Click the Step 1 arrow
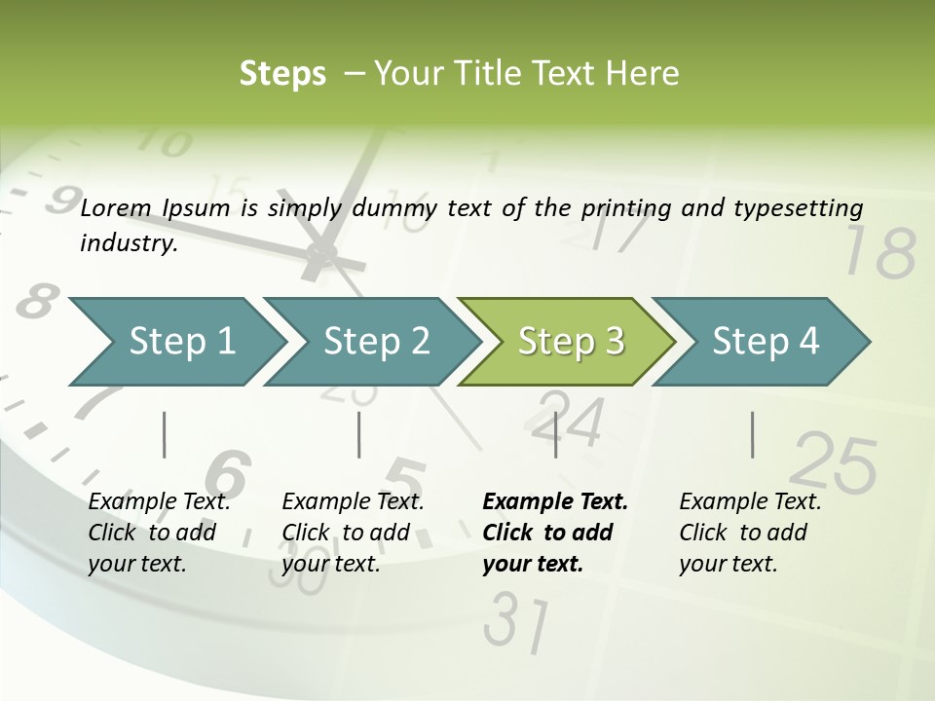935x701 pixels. click(175, 342)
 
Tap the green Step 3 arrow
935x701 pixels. click(568, 342)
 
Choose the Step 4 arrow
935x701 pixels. click(763, 342)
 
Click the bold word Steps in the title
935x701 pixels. click(282, 74)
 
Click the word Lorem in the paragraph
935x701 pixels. click(116, 207)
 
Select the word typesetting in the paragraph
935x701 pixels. click(804, 208)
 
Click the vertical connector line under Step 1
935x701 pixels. click(165, 434)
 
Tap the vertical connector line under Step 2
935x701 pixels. click(359, 434)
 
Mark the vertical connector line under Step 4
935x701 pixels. click(752, 434)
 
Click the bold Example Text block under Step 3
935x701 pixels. click(555, 533)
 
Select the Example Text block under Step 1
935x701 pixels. click(159, 533)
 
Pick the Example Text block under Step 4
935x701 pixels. click(750, 533)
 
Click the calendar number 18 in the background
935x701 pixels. click(879, 252)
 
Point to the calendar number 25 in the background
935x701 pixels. click(834, 462)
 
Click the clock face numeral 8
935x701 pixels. click(35, 302)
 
